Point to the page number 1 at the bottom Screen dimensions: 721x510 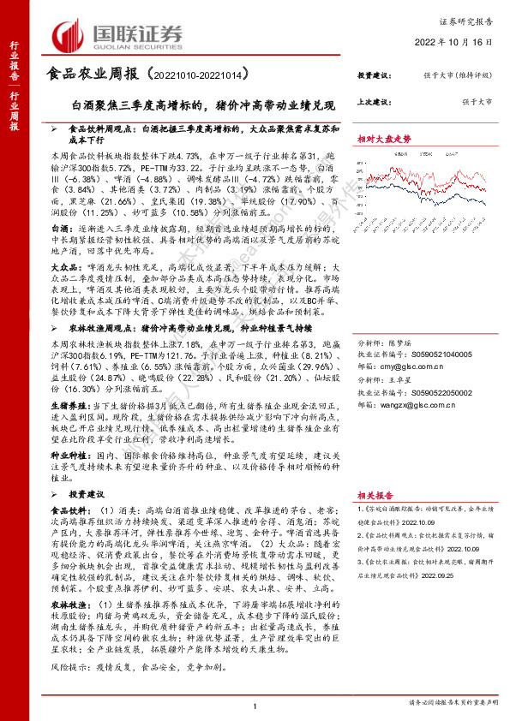pyautogui.click(x=255, y=705)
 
